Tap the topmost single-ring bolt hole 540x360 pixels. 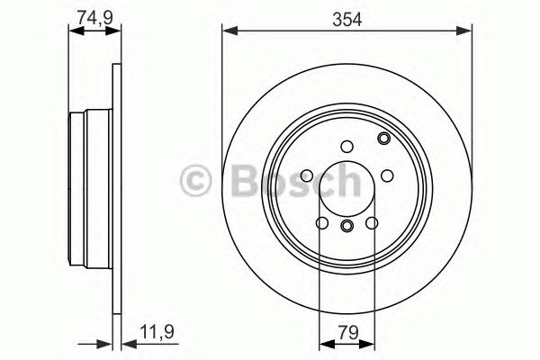pyautogui.click(x=347, y=147)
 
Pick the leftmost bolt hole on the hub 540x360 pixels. pyautogui.click(x=308, y=175)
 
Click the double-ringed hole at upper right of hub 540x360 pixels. pyautogui.click(x=383, y=139)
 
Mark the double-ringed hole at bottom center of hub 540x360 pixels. pyautogui.click(x=347, y=226)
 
